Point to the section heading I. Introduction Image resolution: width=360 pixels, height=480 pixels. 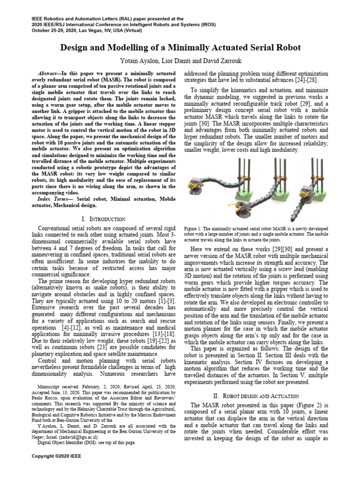(x=103, y=219)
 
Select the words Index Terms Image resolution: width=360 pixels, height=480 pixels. (x=51, y=199)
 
